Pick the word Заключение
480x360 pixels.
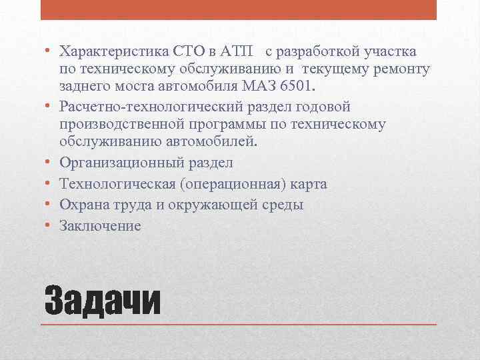click(100, 226)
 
